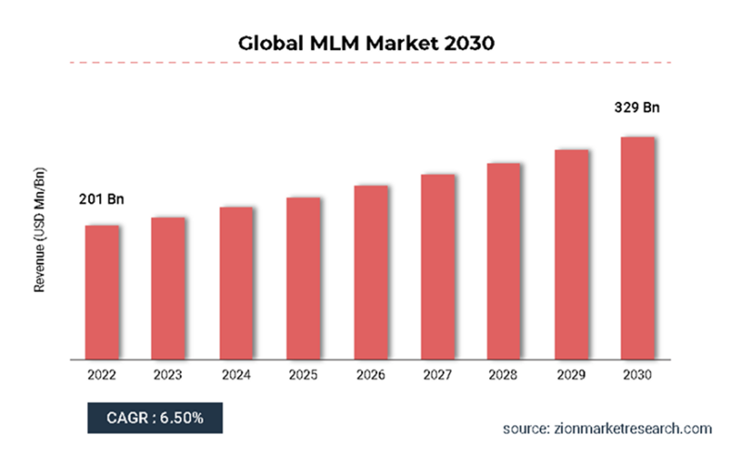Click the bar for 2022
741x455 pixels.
[102, 292]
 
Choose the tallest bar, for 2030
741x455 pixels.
[638, 247]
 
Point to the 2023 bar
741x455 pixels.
[169, 288]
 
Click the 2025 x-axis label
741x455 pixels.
[303, 375]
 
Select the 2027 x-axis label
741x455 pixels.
[437, 375]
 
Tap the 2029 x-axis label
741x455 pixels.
[571, 375]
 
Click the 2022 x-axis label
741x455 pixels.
[102, 375]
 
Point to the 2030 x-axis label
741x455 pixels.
[638, 375]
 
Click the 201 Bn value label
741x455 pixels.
[101, 199]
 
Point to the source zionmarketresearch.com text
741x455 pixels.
[607, 428]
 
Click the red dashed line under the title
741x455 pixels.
[370, 63]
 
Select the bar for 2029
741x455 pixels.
[571, 254]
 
